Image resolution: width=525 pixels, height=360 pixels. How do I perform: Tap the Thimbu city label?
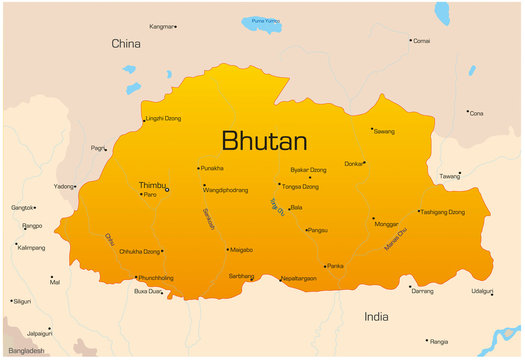[152, 185]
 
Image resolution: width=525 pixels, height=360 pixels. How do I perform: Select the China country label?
[126, 44]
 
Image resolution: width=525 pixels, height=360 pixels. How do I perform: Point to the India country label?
[376, 316]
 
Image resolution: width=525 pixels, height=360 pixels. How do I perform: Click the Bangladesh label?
[26, 351]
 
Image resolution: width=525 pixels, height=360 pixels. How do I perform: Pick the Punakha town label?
[212, 168]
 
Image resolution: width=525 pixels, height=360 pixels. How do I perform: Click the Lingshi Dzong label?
[164, 119]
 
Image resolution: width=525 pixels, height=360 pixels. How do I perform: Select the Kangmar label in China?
[160, 26]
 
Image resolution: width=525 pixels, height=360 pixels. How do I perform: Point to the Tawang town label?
[450, 176]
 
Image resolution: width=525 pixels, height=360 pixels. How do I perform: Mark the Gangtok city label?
[22, 208]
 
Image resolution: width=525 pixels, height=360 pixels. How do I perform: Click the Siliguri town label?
[22, 300]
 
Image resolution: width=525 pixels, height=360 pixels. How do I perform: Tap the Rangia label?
[438, 340]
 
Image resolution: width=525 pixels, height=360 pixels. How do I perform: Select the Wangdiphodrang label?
[225, 188]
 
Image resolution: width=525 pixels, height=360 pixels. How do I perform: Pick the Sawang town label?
[385, 130]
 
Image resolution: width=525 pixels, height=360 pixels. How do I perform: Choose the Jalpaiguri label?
[39, 332]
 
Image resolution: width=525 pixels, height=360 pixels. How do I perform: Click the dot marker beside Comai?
[410, 41]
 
